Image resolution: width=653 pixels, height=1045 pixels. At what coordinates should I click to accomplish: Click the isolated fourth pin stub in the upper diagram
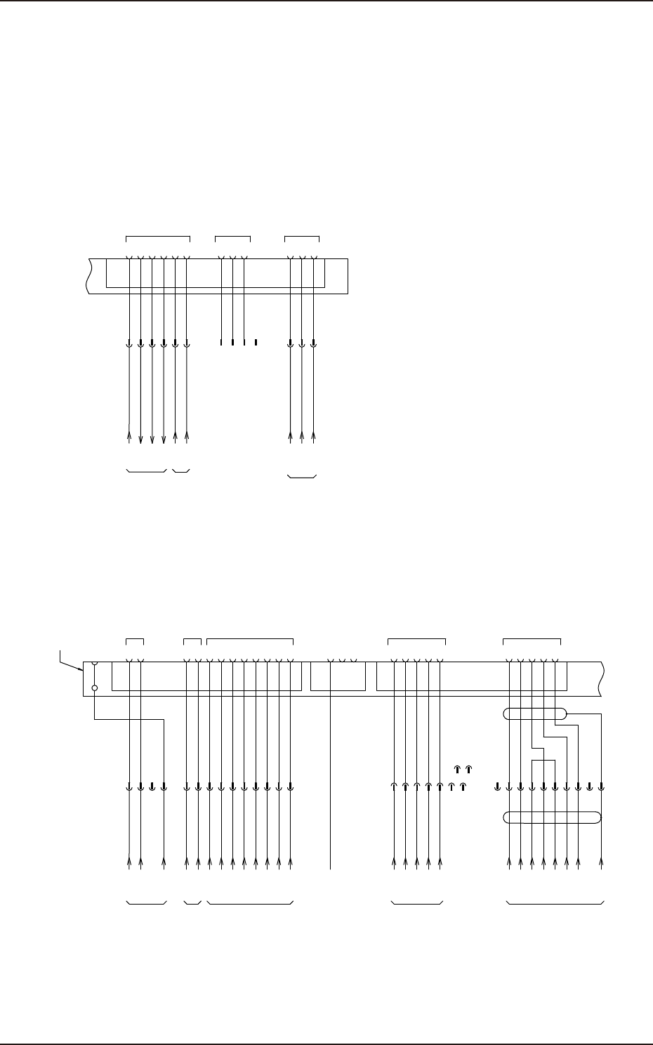(256, 343)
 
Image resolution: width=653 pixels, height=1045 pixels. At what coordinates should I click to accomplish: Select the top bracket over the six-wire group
(157, 238)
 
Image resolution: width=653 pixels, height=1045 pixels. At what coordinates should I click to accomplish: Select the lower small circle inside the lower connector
(94, 688)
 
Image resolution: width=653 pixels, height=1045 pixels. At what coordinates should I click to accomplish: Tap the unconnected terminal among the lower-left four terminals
(152, 787)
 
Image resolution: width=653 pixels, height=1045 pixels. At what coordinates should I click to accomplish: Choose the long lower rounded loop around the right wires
(553, 817)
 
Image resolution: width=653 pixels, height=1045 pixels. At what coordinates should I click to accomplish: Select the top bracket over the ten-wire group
(249, 639)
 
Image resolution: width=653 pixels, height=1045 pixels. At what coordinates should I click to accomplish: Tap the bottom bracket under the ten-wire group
(249, 902)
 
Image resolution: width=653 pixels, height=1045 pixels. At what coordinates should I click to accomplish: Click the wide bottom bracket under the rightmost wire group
(555, 902)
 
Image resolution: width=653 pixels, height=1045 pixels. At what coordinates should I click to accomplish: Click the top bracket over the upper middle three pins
(232, 238)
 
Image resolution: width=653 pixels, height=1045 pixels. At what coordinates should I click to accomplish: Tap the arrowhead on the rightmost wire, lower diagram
(602, 861)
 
